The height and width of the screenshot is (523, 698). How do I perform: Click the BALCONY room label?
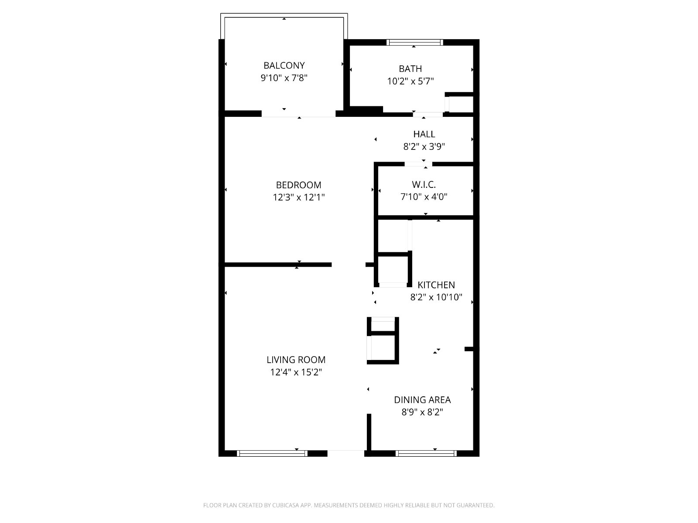[284, 65]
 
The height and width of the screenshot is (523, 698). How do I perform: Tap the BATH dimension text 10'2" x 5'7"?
[410, 82]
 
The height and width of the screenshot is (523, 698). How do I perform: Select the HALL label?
[424, 134]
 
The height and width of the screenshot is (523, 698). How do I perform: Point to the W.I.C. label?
[424, 184]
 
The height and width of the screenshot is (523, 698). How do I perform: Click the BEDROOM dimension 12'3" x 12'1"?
[298, 197]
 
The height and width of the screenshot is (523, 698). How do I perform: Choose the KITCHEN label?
[436, 285]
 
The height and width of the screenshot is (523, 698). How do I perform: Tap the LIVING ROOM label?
[296, 360]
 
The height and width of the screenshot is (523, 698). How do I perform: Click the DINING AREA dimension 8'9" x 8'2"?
[422, 412]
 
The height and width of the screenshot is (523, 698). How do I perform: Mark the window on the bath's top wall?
[415, 43]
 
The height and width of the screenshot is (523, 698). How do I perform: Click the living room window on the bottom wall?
[272, 453]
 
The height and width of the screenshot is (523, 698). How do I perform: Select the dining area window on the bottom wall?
[426, 453]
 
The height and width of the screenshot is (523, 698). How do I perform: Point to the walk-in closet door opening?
[418, 164]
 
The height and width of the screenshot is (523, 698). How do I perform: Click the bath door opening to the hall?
[428, 115]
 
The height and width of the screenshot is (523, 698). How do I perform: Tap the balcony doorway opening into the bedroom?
[298, 114]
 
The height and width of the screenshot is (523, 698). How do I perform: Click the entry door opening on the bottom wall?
[346, 453]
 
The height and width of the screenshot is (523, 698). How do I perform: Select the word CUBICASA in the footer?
[286, 505]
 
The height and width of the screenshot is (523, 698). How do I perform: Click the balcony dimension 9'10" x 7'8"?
[284, 78]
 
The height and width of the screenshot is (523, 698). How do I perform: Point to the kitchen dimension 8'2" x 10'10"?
[436, 297]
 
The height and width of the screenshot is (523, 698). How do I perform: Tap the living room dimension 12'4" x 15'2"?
[296, 372]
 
